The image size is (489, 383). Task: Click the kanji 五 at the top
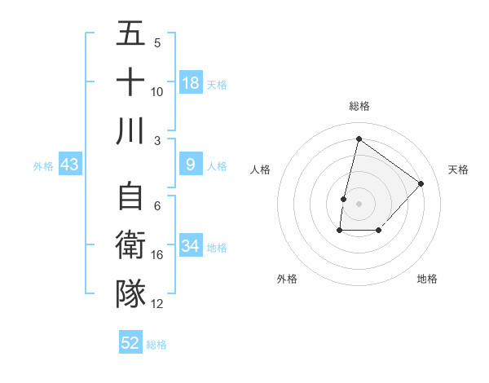tap(130, 34)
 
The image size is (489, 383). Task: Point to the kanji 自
tap(130, 198)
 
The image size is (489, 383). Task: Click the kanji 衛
tap(130, 246)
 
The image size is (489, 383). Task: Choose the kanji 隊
tap(130, 294)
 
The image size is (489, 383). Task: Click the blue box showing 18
tap(191, 83)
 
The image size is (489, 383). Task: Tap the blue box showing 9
tap(191, 165)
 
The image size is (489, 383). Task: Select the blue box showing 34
tap(191, 247)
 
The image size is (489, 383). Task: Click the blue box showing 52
tap(130, 343)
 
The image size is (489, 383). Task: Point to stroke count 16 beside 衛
tap(157, 255)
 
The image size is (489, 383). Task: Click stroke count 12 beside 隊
tap(157, 303)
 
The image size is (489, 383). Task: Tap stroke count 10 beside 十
tap(157, 91)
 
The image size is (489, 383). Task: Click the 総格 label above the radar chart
tap(359, 106)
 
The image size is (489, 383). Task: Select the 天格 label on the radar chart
tap(458, 169)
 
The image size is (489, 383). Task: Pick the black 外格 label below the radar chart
tap(286, 279)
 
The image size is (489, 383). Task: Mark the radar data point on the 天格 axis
tap(421, 183)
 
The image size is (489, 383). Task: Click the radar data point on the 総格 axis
tap(359, 139)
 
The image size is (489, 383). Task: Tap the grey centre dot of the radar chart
tap(359, 204)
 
